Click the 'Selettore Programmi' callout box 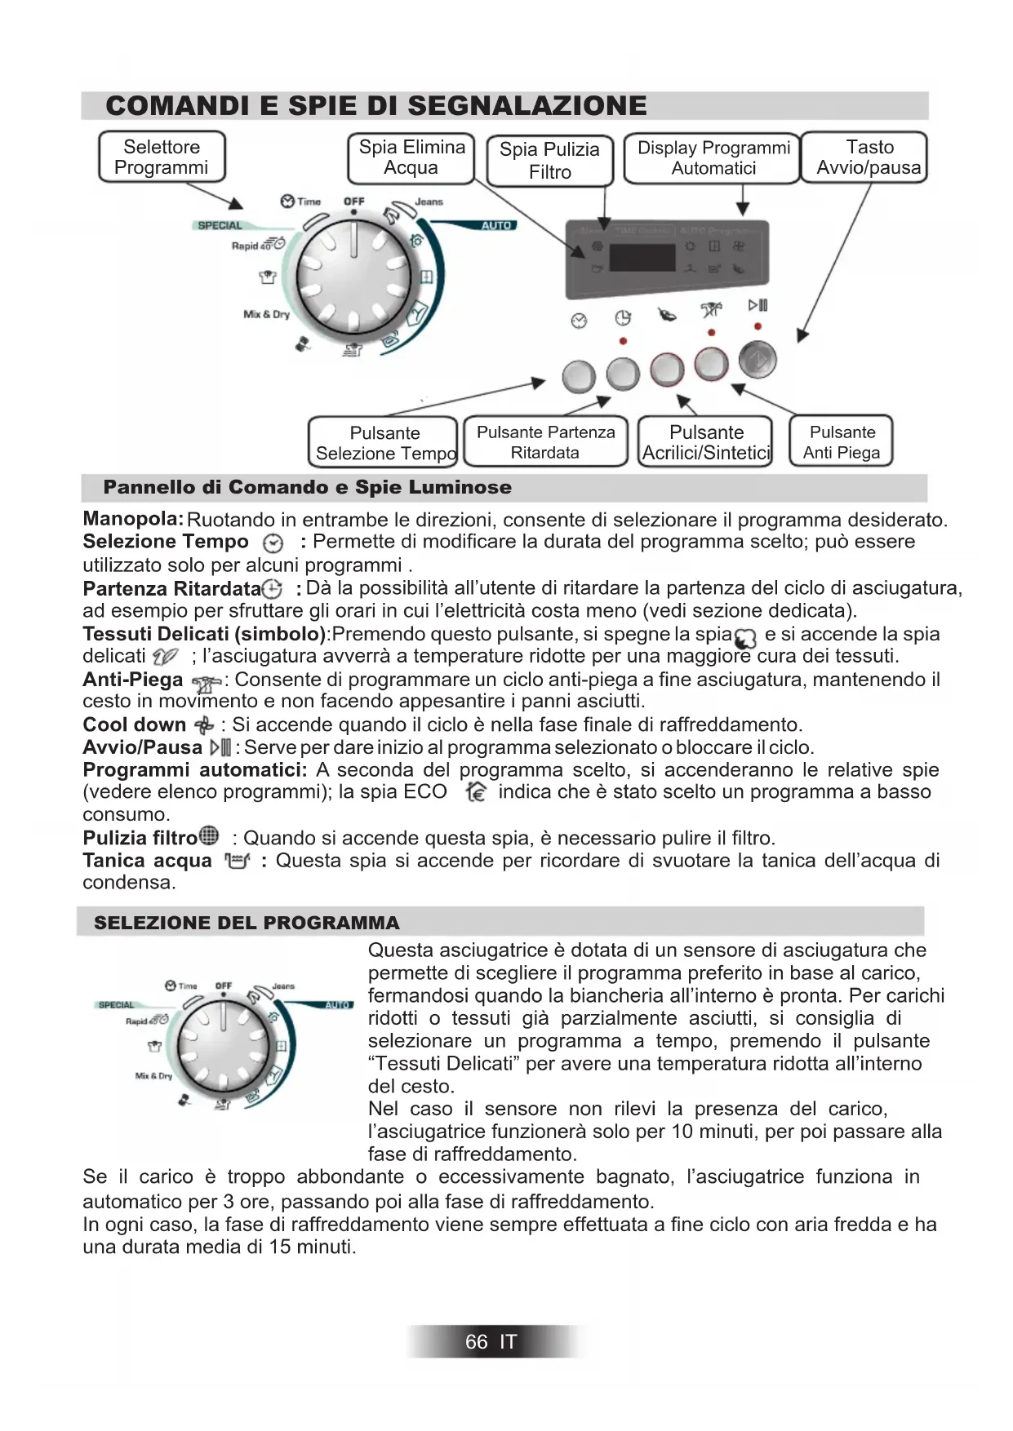162,157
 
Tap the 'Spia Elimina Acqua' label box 411,157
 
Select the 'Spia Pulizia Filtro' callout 549,161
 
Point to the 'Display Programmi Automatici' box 713,158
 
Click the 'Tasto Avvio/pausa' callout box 868,157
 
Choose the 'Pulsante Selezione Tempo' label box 384,443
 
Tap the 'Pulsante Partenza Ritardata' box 545,442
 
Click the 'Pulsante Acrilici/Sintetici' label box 706,442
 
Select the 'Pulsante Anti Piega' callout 842,442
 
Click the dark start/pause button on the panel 758,361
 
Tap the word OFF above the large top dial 353,202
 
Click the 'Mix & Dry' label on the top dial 266,314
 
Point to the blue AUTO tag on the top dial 496,226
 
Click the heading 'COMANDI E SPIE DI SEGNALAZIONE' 376,106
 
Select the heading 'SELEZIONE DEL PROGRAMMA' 247,923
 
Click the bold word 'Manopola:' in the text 133,519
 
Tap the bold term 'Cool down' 135,724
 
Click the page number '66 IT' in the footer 491,1342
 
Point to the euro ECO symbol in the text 476,792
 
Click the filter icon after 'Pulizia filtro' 210,836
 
